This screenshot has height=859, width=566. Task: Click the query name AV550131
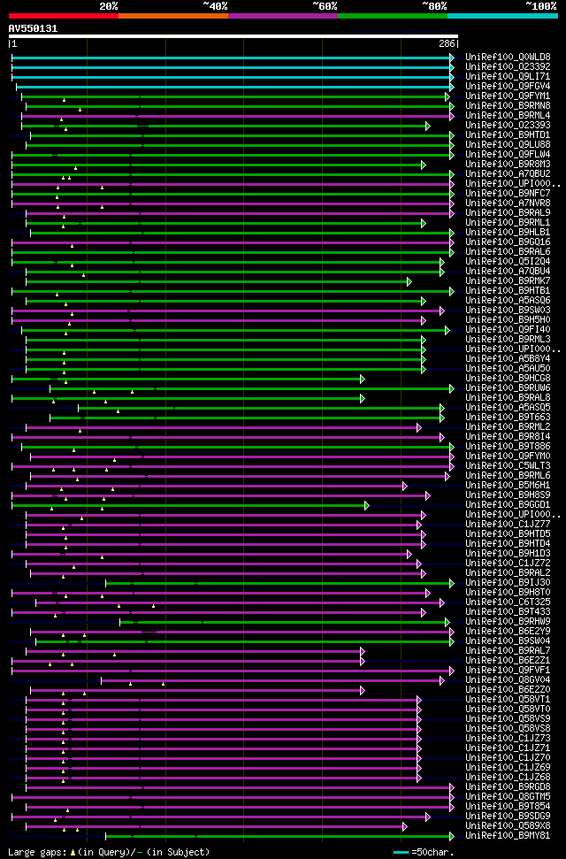pyautogui.click(x=33, y=28)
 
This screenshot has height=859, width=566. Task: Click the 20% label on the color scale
pyautogui.click(x=108, y=6)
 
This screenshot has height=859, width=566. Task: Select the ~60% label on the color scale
pyautogui.click(x=325, y=6)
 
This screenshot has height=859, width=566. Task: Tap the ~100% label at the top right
pyautogui.click(x=540, y=6)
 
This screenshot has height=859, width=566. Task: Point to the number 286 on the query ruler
pyautogui.click(x=447, y=43)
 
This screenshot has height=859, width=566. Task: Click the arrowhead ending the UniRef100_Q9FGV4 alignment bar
pyautogui.click(x=452, y=87)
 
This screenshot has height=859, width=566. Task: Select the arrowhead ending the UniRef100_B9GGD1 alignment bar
pyautogui.click(x=366, y=505)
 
